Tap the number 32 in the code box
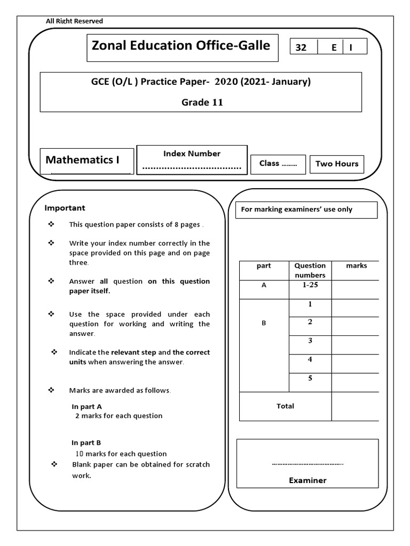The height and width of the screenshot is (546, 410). pos(301,47)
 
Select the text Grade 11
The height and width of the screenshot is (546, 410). pos(202,102)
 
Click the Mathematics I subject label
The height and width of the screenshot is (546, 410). pos(82,159)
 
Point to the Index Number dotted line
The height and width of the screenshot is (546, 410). pos(192,167)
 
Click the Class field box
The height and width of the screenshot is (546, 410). pos(278,164)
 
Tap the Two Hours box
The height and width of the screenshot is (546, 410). pos(337,164)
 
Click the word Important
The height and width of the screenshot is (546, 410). pos(65,208)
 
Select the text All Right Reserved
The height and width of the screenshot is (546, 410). pos(74,21)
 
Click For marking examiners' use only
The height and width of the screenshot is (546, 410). pos(297,210)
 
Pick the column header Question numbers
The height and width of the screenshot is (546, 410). pos(310,270)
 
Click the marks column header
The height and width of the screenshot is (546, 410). pos(356,266)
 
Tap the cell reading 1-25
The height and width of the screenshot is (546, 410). pos(310,286)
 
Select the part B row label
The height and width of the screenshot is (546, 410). pos(264,323)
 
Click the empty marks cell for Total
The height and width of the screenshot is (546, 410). pos(355,406)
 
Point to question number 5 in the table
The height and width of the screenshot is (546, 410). pos(310,379)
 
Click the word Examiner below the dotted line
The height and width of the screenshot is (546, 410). pos(307,480)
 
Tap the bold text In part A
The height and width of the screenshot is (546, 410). pos(87,406)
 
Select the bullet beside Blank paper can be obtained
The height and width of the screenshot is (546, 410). pos(53,464)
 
